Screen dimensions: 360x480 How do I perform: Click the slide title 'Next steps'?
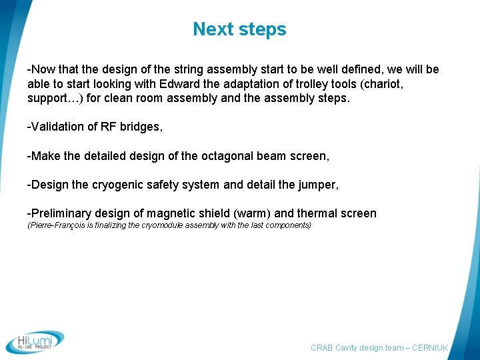click(239, 29)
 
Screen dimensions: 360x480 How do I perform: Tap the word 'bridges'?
click(140, 127)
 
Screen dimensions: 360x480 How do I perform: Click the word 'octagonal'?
click(227, 156)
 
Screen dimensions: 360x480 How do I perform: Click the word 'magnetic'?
click(173, 213)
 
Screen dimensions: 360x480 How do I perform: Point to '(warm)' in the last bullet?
click(252, 213)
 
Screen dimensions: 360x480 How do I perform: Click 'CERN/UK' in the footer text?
click(431, 348)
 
